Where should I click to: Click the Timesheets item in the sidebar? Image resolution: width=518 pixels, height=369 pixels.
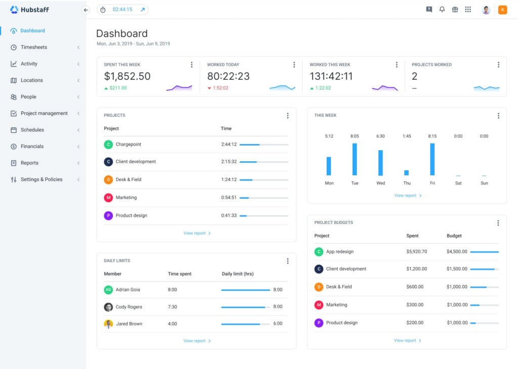click(33, 47)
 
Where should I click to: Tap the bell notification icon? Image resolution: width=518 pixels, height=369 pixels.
click(442, 10)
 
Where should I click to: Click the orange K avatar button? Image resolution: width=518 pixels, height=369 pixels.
click(502, 10)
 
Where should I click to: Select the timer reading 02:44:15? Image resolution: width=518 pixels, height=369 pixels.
click(122, 10)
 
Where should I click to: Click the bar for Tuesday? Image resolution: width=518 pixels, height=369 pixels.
click(355, 159)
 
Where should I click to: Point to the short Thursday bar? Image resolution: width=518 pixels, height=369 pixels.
click(406, 172)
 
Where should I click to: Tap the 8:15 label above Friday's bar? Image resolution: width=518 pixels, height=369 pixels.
click(432, 136)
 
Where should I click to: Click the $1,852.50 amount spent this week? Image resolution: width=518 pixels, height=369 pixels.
click(127, 76)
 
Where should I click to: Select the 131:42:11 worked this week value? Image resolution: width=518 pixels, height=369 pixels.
click(331, 76)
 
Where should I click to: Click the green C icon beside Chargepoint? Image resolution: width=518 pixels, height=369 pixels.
click(108, 145)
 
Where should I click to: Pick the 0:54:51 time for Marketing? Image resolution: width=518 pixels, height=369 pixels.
click(229, 198)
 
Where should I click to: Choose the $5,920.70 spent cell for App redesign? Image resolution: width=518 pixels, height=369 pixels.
click(416, 251)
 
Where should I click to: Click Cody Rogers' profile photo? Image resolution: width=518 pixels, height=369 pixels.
click(108, 307)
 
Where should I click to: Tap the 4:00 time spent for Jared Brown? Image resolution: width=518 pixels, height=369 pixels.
click(172, 324)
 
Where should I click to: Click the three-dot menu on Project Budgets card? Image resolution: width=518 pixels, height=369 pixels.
click(498, 223)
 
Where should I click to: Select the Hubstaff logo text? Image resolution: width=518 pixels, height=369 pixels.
click(34, 10)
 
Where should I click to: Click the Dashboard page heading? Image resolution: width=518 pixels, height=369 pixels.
click(122, 33)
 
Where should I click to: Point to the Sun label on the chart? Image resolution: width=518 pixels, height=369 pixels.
click(484, 183)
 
